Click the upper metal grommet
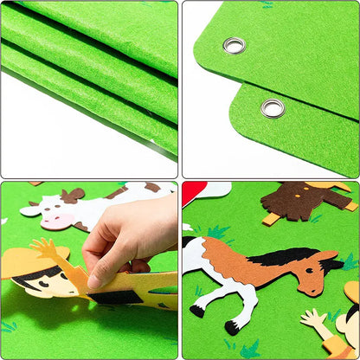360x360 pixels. point(234,45)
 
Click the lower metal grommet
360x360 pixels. point(273,108)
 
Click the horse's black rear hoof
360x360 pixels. point(198,311)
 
